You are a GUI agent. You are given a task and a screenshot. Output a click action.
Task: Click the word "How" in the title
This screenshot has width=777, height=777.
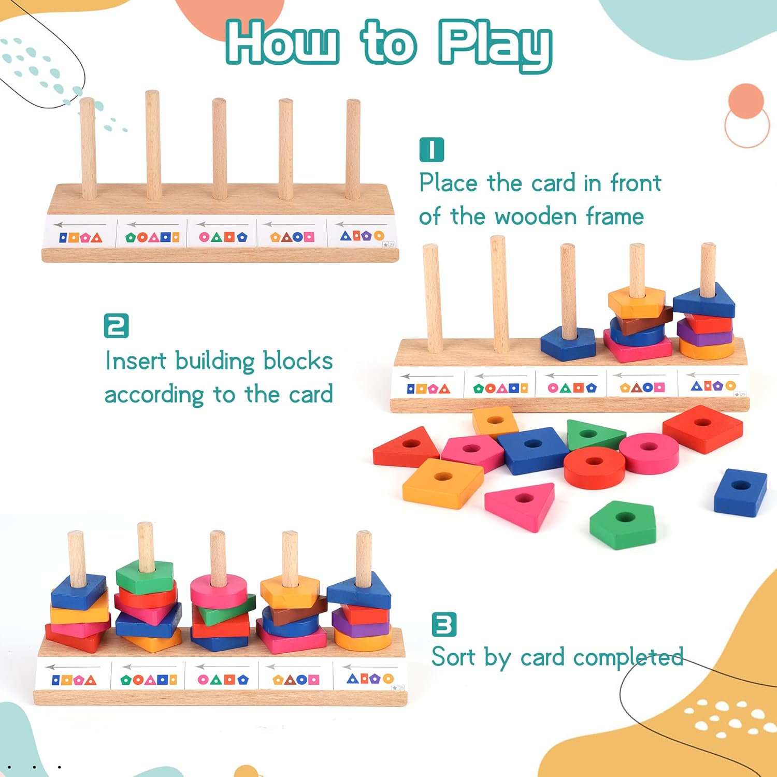283,42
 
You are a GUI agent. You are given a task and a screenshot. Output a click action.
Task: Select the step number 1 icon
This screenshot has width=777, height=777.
431,150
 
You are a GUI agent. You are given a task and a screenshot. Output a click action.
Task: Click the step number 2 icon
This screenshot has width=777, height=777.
116,326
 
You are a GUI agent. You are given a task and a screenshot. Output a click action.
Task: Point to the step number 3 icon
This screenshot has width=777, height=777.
444,624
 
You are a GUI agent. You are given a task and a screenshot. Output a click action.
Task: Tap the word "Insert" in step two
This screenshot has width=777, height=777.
136,361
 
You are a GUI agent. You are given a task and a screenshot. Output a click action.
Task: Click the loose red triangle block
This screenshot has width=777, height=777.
407,447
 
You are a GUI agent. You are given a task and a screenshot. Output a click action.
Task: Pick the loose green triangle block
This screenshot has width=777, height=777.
595,435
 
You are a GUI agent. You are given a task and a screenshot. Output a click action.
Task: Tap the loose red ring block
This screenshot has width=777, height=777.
594,467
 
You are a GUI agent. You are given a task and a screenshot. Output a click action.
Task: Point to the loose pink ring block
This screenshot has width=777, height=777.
649,453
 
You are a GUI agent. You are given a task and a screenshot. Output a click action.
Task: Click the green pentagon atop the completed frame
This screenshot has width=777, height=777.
145,576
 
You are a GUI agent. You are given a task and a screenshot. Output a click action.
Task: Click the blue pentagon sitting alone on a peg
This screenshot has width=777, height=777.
568,343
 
